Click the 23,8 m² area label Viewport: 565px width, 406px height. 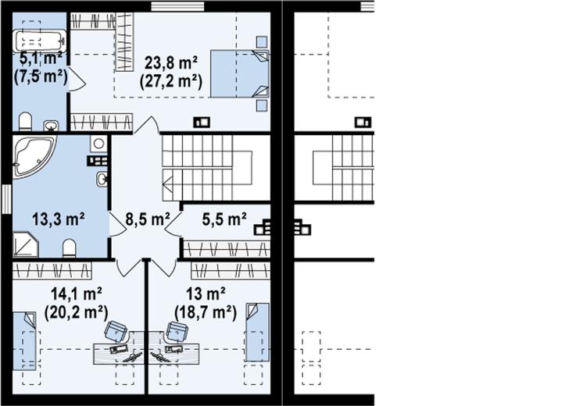(x=171, y=63)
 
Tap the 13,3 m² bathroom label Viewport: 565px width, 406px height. (x=59, y=219)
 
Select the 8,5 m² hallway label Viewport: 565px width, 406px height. (x=148, y=219)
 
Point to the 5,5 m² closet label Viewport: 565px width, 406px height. (x=224, y=219)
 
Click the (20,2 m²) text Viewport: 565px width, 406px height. (x=76, y=312)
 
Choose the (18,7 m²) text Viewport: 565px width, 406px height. (x=206, y=312)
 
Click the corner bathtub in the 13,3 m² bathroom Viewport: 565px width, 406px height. (x=34, y=156)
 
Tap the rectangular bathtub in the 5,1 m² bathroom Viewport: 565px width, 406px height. (x=40, y=41)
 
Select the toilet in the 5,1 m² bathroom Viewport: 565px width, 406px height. (x=25, y=122)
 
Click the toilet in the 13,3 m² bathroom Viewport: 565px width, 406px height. (x=69, y=248)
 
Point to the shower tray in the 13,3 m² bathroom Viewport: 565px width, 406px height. (x=26, y=244)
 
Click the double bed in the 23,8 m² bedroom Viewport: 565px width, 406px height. (x=240, y=73)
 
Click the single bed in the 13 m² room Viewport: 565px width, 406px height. (x=258, y=332)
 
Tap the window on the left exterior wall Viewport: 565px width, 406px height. (x=6, y=199)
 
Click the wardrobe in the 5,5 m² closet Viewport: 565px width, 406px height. (x=227, y=249)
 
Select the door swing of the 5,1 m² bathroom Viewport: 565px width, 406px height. (x=77, y=80)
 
